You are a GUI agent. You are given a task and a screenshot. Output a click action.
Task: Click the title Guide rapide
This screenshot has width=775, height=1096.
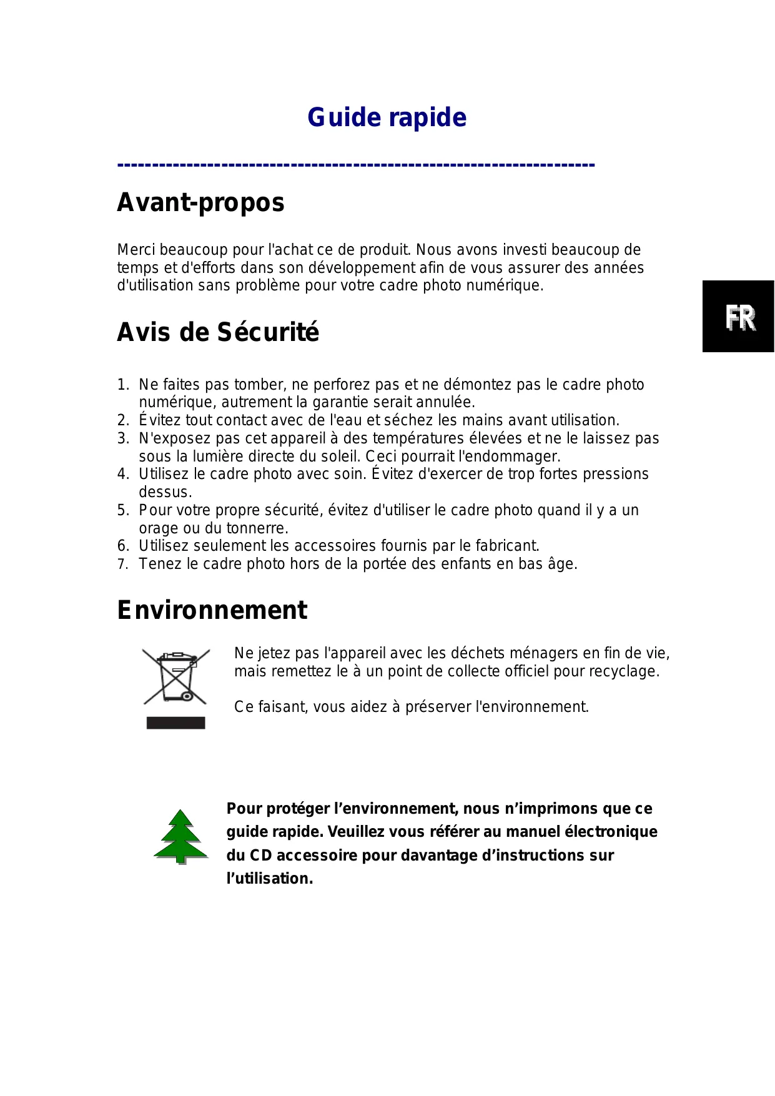[387, 117]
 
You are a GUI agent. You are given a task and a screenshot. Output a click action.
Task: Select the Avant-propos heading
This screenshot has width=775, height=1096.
[200, 202]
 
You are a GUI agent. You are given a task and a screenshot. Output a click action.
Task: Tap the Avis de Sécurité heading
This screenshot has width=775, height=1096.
[218, 332]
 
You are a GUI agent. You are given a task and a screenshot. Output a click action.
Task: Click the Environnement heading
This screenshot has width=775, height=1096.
[212, 610]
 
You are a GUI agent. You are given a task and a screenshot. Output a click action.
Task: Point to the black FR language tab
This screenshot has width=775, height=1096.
[738, 317]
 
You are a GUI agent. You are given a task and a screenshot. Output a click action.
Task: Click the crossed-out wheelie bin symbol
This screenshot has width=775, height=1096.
[176, 677]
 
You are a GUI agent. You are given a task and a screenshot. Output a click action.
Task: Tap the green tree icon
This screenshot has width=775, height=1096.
[180, 836]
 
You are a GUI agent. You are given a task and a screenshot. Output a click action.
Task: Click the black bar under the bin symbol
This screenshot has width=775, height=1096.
[175, 723]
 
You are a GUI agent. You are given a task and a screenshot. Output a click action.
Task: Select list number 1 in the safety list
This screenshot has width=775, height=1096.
[123, 385]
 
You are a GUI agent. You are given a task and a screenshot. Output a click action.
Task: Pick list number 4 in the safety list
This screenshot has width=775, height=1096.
[123, 474]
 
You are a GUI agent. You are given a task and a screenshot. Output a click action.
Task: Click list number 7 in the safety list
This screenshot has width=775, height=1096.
[123, 565]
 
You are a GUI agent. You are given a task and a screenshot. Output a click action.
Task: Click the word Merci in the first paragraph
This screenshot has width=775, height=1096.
[136, 250]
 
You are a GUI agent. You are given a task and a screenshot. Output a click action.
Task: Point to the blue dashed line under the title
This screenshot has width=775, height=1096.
[356, 165]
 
